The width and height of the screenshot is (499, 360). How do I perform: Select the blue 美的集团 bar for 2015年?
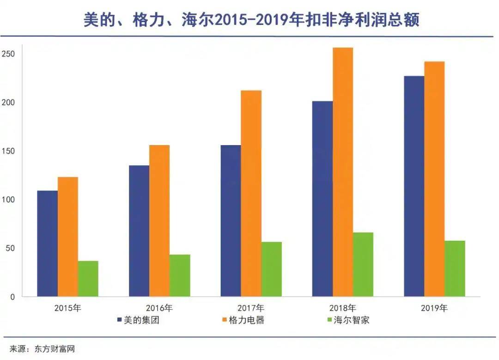tap(47, 244)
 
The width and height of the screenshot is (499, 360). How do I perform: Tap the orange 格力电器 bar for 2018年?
tap(342, 172)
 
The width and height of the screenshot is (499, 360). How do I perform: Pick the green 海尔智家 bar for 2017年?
tap(271, 269)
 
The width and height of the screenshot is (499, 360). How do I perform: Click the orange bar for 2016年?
tap(159, 221)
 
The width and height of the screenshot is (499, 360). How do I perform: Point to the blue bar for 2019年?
tap(414, 186)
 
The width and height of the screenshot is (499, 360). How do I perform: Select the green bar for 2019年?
tap(455, 268)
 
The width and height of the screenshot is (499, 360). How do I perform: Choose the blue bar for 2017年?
tap(231, 221)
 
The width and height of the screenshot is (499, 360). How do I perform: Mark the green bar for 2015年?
tap(88, 279)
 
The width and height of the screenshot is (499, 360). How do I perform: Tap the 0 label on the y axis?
tap(13, 297)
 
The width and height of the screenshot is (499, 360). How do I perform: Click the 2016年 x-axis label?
tap(159, 308)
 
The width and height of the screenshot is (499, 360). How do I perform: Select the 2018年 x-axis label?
tap(342, 308)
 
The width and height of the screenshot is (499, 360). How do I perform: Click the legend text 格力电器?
tap(247, 320)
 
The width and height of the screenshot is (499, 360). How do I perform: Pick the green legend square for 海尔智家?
tap(329, 320)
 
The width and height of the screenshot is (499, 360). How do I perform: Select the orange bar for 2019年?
tap(434, 179)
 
